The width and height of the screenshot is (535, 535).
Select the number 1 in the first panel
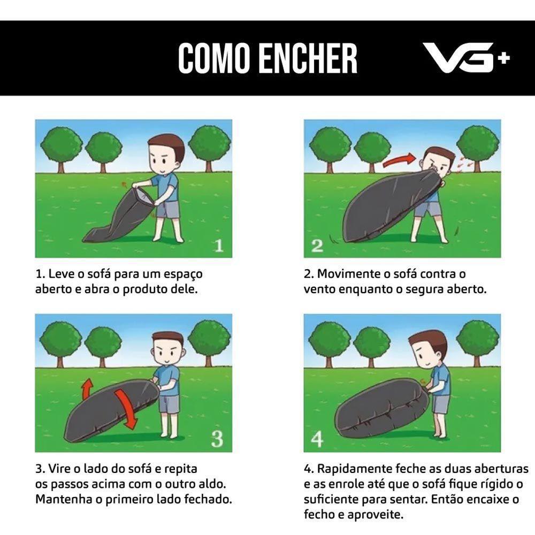point(218,246)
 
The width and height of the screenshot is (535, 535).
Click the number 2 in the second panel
point(317,246)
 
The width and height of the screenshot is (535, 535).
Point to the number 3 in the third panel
point(217,439)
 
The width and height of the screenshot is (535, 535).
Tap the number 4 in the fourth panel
point(317,439)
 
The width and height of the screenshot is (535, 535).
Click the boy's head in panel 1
point(166,152)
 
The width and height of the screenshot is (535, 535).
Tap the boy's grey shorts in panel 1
point(169,209)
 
